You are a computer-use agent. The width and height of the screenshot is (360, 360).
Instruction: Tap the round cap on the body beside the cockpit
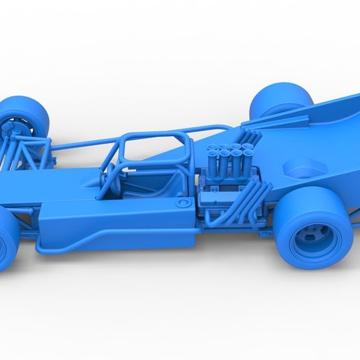(x=183, y=203)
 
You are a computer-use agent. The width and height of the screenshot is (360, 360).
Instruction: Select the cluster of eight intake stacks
(x=225, y=152)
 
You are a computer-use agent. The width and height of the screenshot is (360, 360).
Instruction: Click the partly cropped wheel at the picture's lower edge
(x=8, y=241)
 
